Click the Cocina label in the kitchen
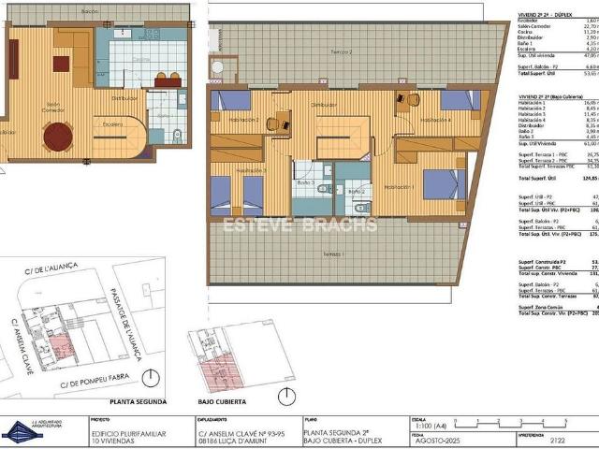point(140,60)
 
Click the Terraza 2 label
point(338,53)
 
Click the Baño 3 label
point(306,182)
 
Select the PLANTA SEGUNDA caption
point(137,402)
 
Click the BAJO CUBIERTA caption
point(221,402)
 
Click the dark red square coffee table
point(62,64)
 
